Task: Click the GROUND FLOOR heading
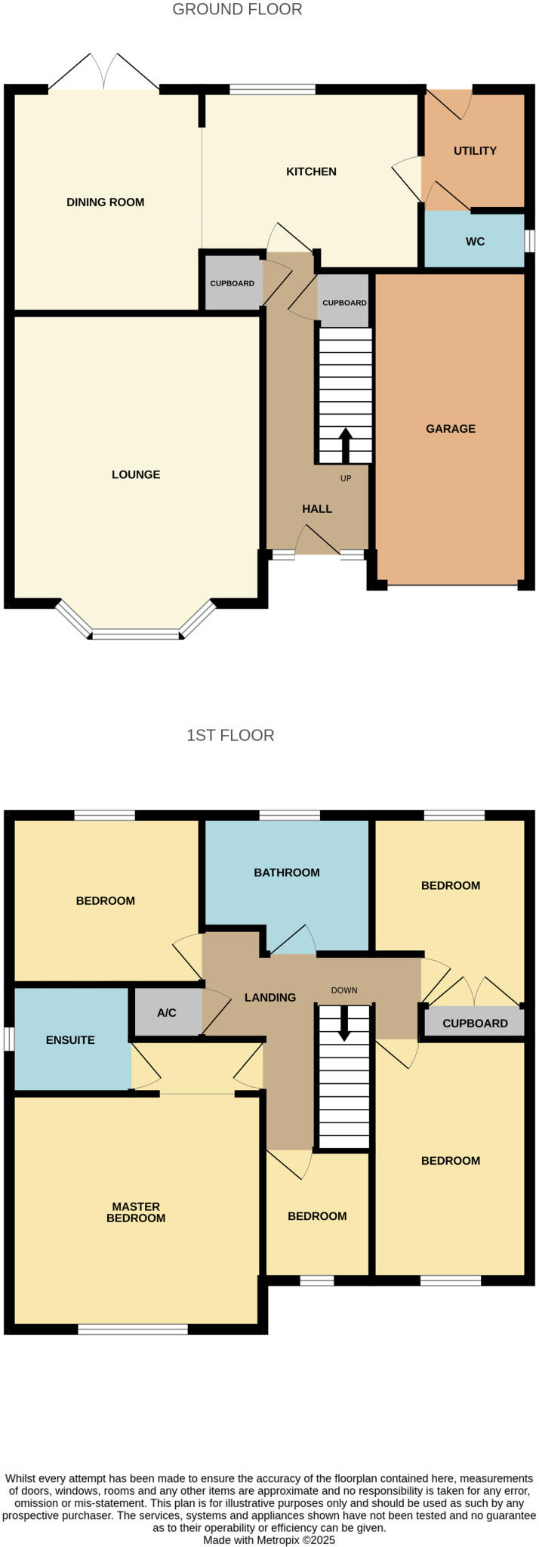237,10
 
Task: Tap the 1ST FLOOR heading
230,735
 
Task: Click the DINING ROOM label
105,202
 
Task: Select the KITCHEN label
311,171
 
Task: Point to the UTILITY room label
475,151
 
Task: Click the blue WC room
475,242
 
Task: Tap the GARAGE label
451,428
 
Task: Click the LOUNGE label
136,474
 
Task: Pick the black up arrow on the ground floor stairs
346,445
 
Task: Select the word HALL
317,509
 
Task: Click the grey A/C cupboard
167,1012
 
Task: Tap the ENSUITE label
70,1040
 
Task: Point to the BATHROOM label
287,872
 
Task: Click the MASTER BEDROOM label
136,1212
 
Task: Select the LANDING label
270,998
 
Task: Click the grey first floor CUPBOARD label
475,1024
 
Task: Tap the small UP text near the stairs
346,478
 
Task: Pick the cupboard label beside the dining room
232,283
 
